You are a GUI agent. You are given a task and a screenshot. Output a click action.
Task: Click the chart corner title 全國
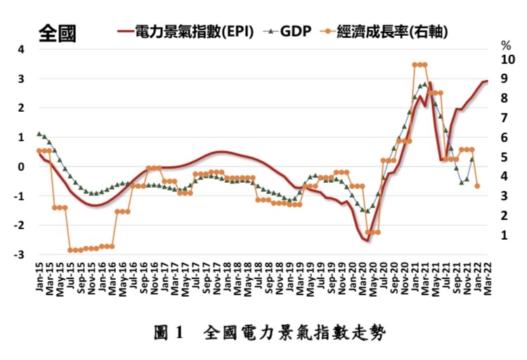[x=58, y=33]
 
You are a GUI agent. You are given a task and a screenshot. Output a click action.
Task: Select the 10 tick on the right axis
[x=505, y=60]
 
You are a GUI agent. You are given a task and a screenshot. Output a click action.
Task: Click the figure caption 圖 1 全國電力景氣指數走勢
[x=270, y=332]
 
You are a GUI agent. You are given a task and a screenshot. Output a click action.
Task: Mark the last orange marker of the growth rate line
[x=478, y=186]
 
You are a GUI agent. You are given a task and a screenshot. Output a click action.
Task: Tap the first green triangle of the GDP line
[x=39, y=133]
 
